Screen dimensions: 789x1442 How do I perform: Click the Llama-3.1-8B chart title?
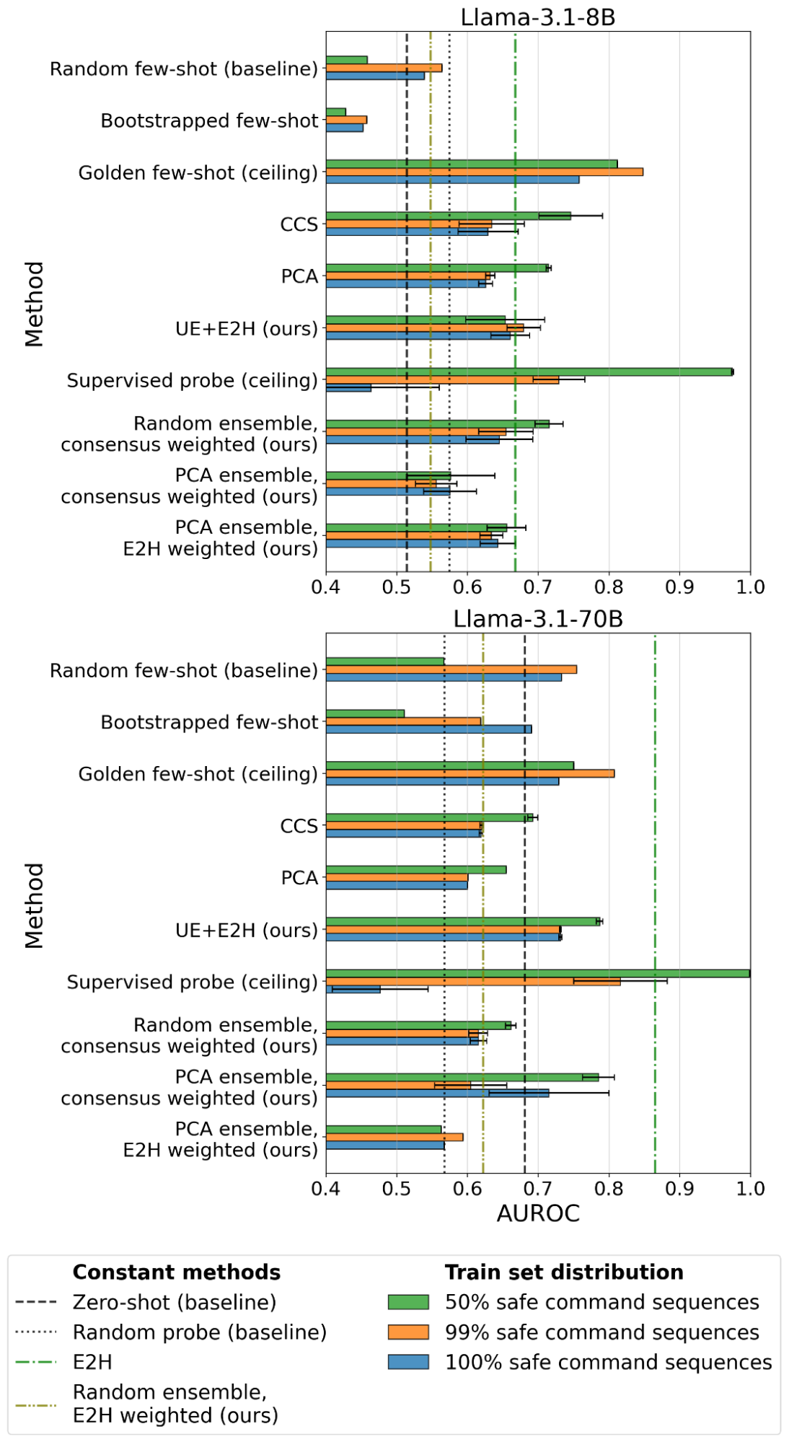(538, 17)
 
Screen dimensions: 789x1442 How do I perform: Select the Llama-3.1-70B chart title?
(538, 619)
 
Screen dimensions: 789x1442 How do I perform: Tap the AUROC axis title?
(538, 1213)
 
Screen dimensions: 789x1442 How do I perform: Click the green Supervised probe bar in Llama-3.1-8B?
(529, 372)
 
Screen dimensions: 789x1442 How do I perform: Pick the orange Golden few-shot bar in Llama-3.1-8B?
(485, 172)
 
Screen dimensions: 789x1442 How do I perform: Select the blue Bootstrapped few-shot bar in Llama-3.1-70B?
(428, 729)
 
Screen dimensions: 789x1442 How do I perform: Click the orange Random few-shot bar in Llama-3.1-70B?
(451, 669)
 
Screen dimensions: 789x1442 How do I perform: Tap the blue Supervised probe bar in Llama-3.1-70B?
(353, 989)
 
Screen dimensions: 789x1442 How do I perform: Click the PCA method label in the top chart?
(299, 276)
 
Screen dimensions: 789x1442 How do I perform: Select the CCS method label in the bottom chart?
(299, 826)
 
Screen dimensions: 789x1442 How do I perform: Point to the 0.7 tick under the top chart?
(538, 587)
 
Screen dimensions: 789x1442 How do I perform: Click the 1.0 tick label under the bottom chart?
(750, 1189)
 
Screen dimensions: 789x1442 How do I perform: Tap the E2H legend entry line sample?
(35, 1362)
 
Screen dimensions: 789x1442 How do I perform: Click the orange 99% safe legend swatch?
(408, 1332)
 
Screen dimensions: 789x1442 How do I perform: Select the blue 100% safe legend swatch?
(408, 1362)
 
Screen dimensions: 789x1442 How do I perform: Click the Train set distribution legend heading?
(564, 1272)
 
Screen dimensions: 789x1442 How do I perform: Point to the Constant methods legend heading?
(177, 1272)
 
